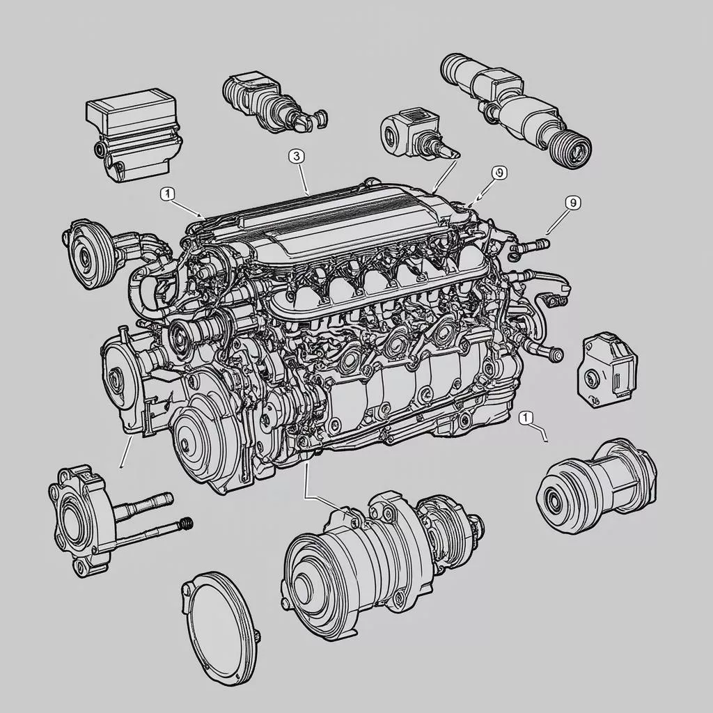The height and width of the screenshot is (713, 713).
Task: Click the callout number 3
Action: pos(296,157)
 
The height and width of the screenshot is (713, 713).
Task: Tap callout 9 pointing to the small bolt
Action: pos(572,203)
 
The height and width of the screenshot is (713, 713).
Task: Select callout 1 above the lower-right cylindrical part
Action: pos(526,417)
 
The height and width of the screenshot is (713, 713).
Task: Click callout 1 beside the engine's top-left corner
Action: pos(167,194)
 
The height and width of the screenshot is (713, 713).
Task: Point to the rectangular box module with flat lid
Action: pos(134,134)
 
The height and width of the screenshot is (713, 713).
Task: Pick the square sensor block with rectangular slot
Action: pos(606,370)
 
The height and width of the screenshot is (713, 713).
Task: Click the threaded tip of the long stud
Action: pos(187,524)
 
